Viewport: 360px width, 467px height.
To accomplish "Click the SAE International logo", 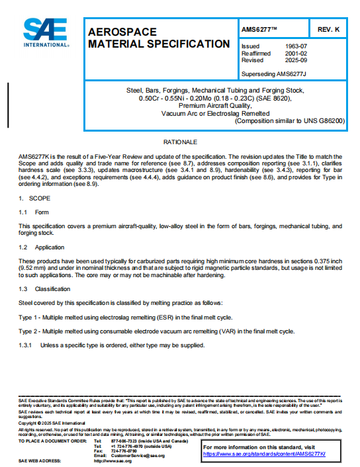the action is click(x=46, y=33).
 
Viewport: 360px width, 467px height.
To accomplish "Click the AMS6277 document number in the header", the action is click(x=259, y=30).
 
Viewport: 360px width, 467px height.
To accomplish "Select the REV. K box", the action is click(x=328, y=30).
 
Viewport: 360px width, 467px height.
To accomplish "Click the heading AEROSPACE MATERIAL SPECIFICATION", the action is click(x=159, y=38).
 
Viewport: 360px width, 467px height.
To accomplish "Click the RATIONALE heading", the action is click(x=181, y=142).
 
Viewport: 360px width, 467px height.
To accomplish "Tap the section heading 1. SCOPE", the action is click(x=30, y=198).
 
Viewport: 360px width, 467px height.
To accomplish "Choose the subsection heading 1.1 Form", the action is click(x=34, y=212).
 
